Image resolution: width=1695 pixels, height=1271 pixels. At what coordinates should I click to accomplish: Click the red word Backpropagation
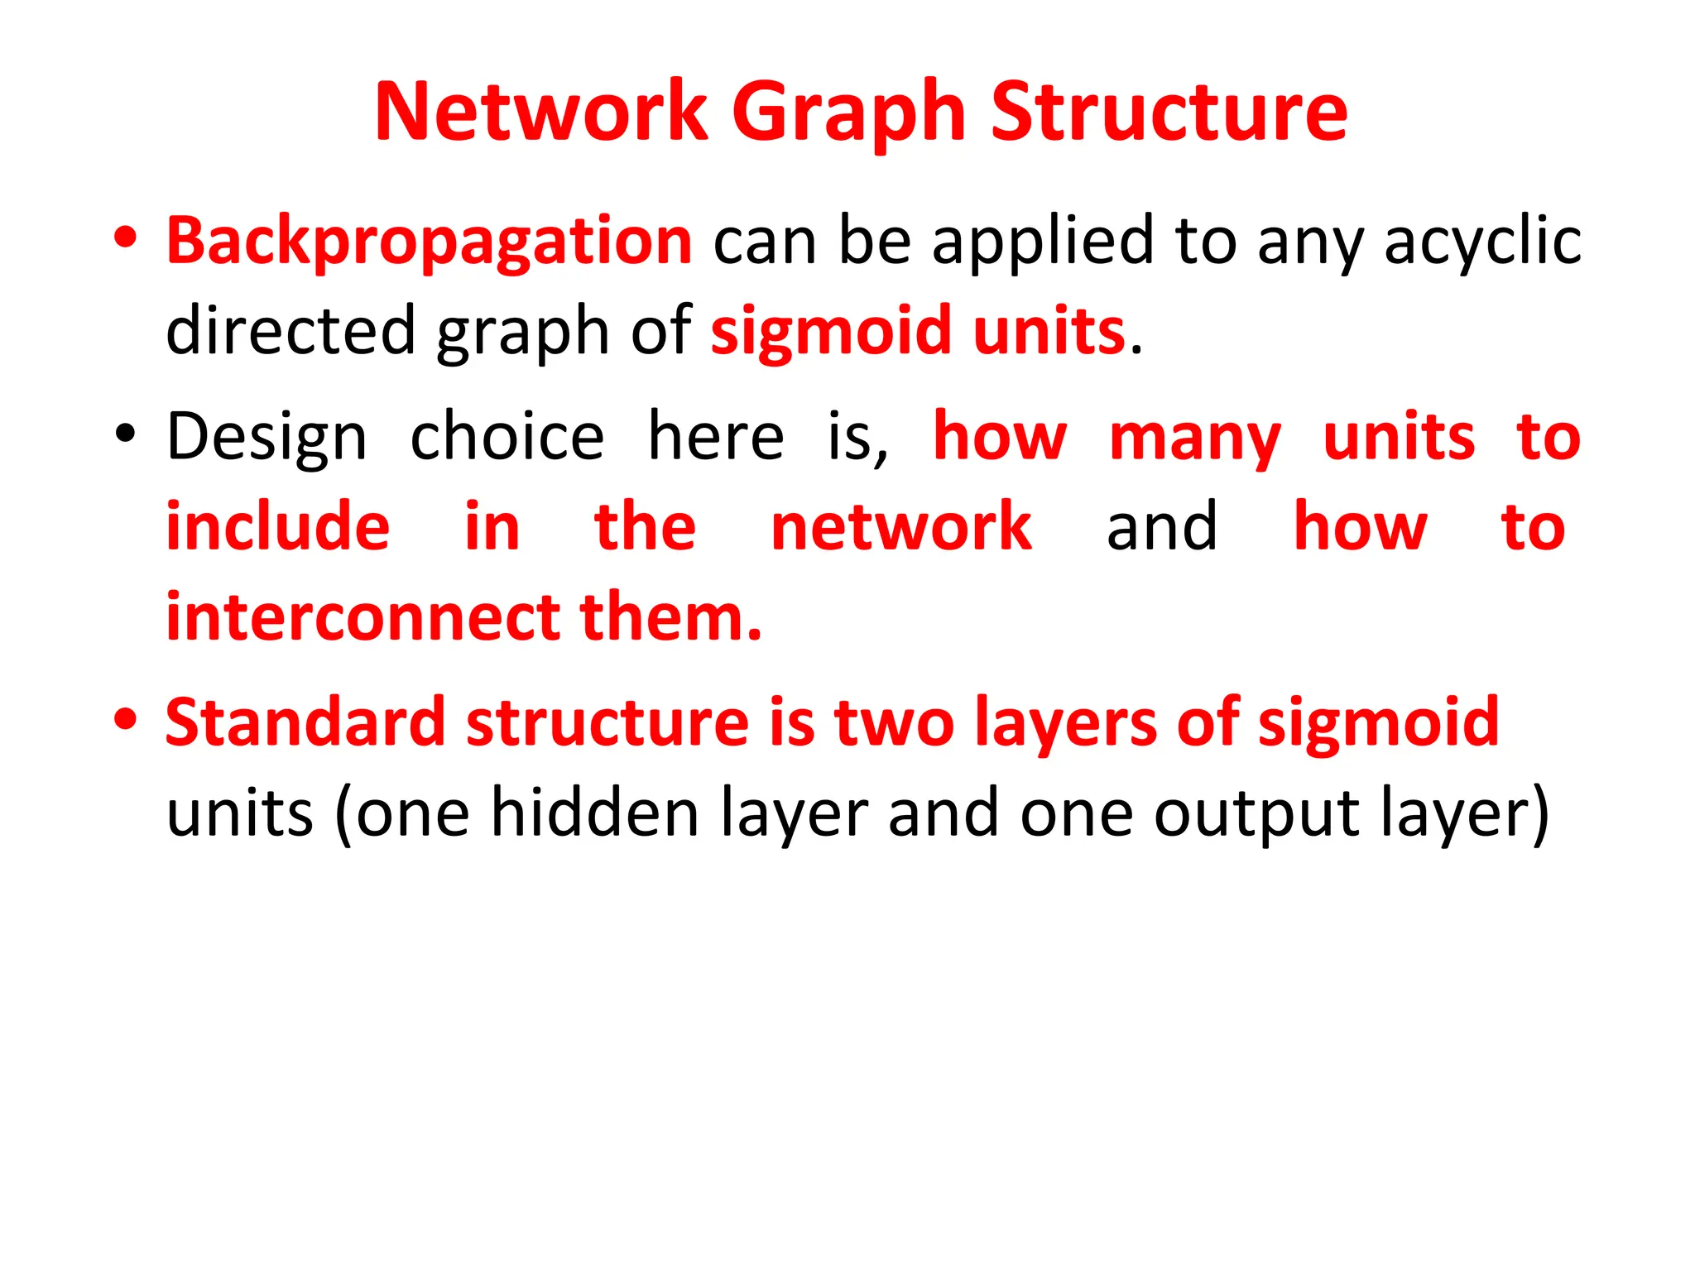pyautogui.click(x=429, y=242)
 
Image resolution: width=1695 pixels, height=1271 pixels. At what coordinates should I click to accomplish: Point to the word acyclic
pyautogui.click(x=1482, y=242)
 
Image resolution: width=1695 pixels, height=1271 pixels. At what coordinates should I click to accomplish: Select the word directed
pyautogui.click(x=290, y=330)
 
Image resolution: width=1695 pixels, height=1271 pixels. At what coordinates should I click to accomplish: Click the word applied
pyautogui.click(x=1043, y=242)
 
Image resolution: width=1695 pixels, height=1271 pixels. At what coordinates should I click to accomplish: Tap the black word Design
pyautogui.click(x=266, y=438)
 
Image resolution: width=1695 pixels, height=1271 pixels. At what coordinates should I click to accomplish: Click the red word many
pyautogui.click(x=1195, y=438)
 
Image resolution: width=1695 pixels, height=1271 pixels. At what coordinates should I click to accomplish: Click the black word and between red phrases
pyautogui.click(x=1162, y=527)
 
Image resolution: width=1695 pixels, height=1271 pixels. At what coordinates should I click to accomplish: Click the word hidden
pyautogui.click(x=596, y=813)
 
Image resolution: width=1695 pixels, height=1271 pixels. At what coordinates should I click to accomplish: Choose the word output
pyautogui.click(x=1257, y=814)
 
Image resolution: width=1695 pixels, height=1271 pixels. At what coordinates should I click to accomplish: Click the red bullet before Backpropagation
pyautogui.click(x=126, y=238)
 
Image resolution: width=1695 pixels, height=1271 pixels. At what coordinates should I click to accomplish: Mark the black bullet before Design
pyautogui.click(x=125, y=434)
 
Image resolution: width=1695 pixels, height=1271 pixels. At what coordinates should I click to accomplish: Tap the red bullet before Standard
pyautogui.click(x=126, y=718)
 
